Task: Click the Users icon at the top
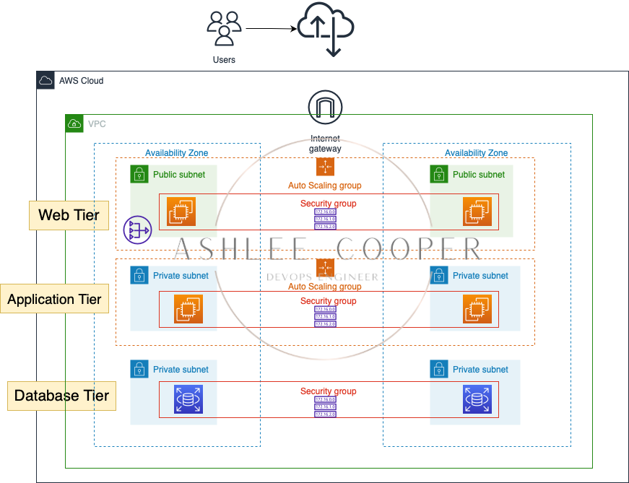(224, 28)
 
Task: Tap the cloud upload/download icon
(325, 29)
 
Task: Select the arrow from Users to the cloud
(270, 29)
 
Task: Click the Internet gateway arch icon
(325, 108)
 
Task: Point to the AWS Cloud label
(81, 80)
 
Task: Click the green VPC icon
(74, 123)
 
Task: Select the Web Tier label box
(69, 215)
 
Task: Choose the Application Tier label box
(55, 299)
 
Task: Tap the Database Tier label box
(61, 396)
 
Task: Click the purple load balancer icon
(136, 230)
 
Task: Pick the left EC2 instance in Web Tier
(181, 211)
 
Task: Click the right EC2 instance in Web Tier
(477, 211)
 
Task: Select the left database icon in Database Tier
(188, 399)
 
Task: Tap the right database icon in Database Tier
(477, 399)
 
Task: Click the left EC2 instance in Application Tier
(188, 309)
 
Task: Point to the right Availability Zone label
(476, 153)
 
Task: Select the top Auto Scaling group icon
(325, 167)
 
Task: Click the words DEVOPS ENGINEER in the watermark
(322, 277)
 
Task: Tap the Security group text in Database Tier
(329, 391)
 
